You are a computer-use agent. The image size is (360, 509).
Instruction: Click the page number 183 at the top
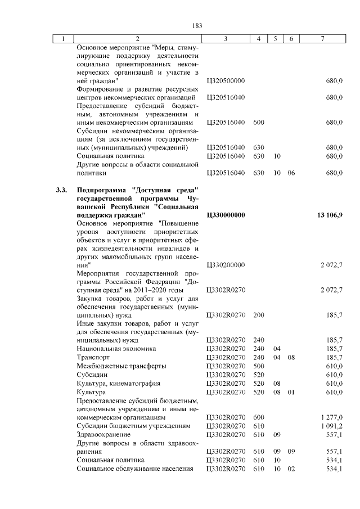point(197,26)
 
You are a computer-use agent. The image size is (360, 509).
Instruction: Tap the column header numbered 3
point(225,39)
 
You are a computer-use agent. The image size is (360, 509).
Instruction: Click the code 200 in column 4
point(259,315)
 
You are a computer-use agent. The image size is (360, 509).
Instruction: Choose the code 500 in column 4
point(259,366)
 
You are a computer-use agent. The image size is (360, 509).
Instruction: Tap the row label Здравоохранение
point(103,435)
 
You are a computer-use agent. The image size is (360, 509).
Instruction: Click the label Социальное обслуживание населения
point(135,469)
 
